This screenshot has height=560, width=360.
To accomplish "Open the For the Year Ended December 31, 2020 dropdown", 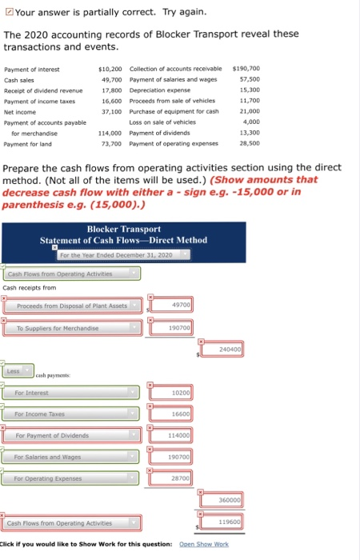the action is (x=126, y=254).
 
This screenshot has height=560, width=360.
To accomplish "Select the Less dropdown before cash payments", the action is (x=19, y=371).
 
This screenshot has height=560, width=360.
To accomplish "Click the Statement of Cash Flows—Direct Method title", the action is (x=123, y=240).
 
